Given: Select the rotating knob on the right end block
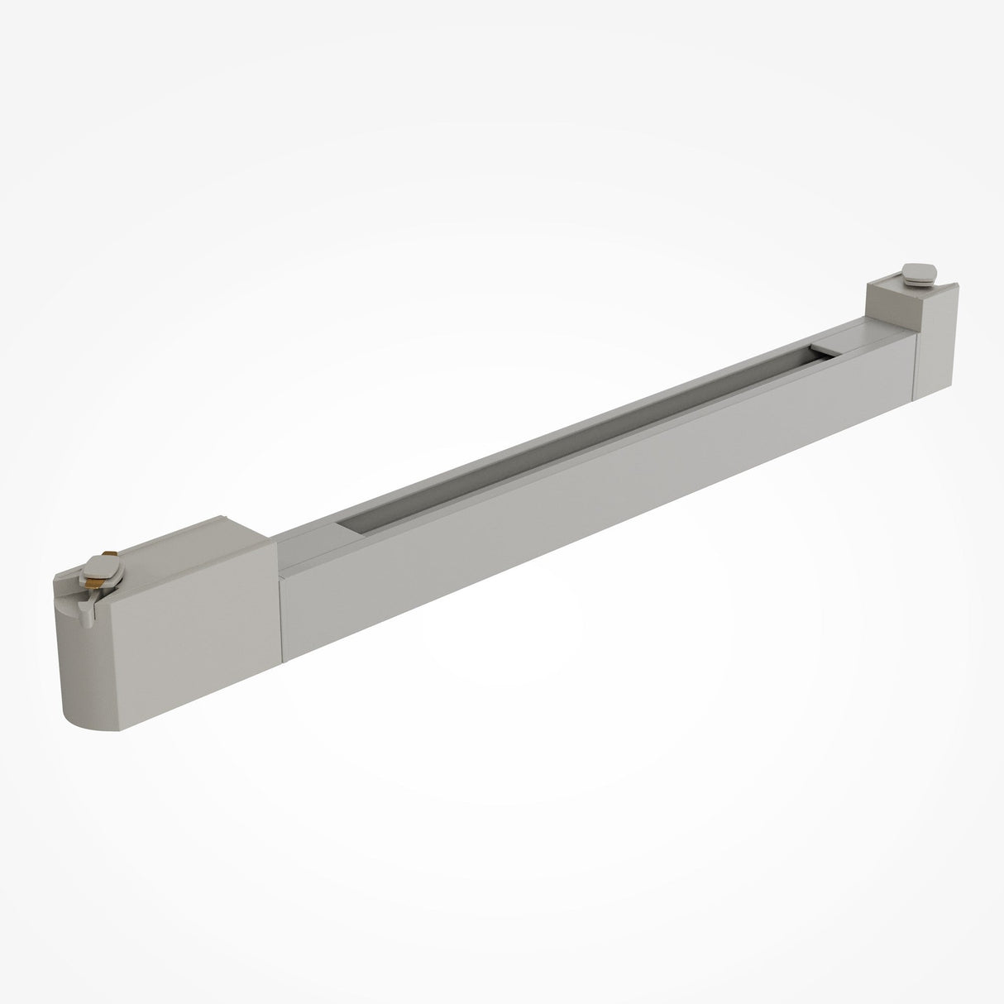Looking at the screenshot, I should pos(918,271).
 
